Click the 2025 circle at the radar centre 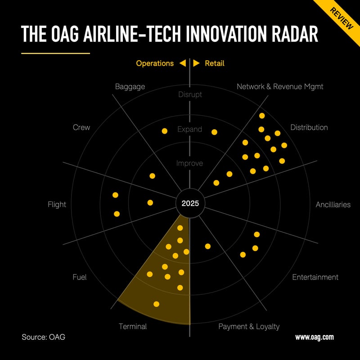coord(190,203)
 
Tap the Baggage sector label coord(130,86)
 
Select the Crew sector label coord(81,127)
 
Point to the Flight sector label coord(57,204)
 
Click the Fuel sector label coord(79,277)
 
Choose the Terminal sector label coord(133,326)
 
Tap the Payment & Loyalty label coord(249,326)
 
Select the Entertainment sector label coord(315,277)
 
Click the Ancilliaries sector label coord(333,204)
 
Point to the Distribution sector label coord(309,127)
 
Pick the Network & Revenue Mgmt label coord(280,86)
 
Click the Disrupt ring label coord(190,94)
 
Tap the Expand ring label coord(190,129)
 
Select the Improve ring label coord(190,163)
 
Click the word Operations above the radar coord(155,63)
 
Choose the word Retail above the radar coord(215,63)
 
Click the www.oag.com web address coord(315,337)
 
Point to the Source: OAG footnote coord(43,337)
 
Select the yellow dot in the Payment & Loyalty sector coord(208,246)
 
